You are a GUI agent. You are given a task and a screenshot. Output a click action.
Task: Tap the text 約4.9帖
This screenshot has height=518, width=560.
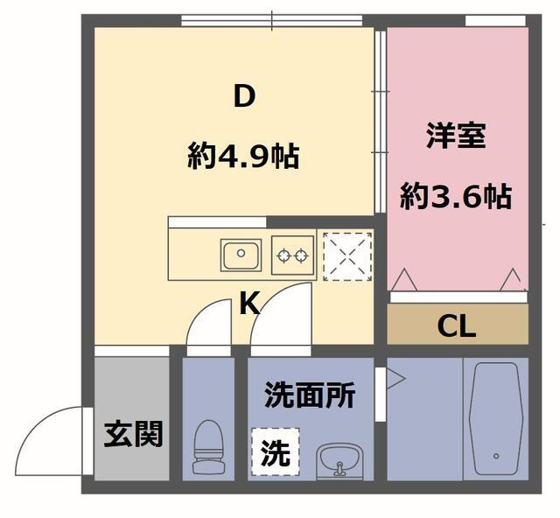click(243, 157)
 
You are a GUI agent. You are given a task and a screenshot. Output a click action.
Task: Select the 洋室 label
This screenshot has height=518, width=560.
click(456, 136)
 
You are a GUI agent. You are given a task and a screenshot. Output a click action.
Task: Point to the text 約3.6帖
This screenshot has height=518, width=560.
click(456, 197)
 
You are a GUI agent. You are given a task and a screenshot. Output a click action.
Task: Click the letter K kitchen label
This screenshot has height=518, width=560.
click(249, 304)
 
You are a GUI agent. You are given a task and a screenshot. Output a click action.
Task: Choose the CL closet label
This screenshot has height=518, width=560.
click(457, 326)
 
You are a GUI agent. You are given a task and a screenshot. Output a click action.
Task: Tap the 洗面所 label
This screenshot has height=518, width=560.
click(310, 396)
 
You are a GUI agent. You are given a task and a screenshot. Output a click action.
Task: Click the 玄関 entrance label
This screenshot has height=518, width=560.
click(133, 434)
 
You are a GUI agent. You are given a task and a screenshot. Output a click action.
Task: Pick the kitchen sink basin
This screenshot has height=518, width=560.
click(240, 256)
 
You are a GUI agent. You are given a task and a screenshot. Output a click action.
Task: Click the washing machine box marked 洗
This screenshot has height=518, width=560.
click(276, 451)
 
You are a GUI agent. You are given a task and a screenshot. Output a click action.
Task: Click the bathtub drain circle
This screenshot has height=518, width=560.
click(495, 456)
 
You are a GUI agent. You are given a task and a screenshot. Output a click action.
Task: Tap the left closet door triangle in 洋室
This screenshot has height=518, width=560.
click(405, 279)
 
